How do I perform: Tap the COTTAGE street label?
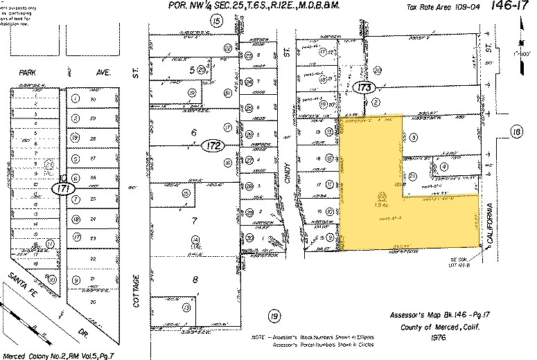point(137,291)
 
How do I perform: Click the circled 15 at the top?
point(217,21)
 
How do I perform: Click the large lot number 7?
point(194,222)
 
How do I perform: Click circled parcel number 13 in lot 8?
point(186,307)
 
